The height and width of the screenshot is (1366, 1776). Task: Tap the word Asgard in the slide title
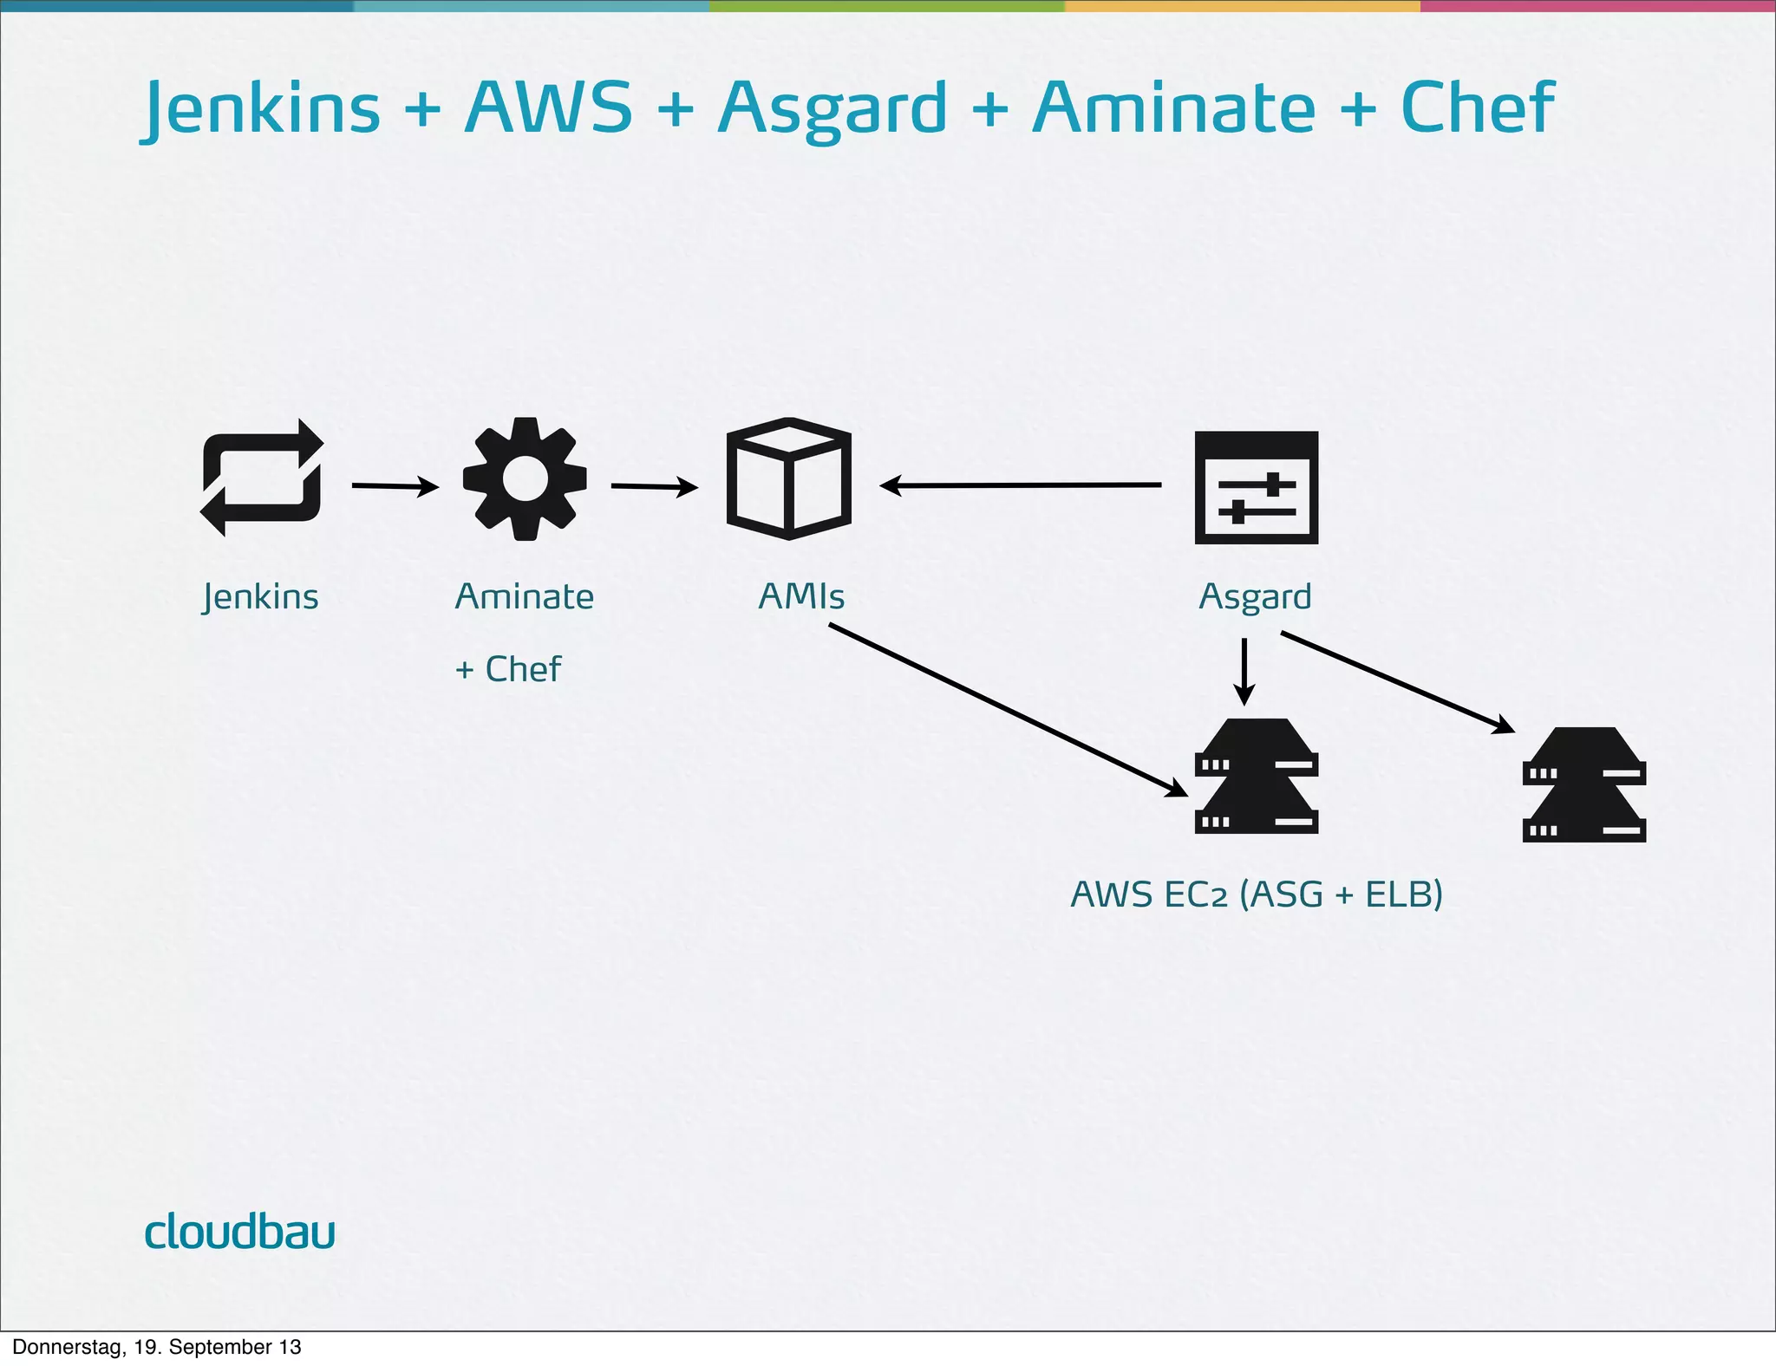pyautogui.click(x=832, y=109)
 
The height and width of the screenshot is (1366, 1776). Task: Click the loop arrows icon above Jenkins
pyautogui.click(x=262, y=478)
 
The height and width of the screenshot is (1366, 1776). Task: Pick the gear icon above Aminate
pyautogui.click(x=525, y=478)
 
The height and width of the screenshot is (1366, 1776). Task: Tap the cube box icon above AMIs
pyautogui.click(x=788, y=478)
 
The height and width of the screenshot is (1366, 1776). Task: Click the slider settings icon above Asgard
pyautogui.click(x=1256, y=487)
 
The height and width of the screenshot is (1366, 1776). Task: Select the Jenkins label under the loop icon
pyautogui.click(x=261, y=597)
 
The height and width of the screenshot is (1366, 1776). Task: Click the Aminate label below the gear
pyautogui.click(x=525, y=596)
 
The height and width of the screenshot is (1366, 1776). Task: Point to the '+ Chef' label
pyautogui.click(x=508, y=669)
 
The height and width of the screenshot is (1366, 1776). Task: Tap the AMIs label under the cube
pyautogui.click(x=801, y=596)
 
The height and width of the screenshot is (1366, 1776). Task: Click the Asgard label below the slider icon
pyautogui.click(x=1255, y=597)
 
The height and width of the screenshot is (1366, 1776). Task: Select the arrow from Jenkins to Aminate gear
pyautogui.click(x=395, y=486)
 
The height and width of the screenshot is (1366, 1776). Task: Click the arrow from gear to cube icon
pyautogui.click(x=655, y=486)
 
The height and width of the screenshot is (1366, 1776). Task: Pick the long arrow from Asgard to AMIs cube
pyautogui.click(x=1021, y=485)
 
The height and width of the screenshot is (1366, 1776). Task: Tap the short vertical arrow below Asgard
pyautogui.click(x=1244, y=672)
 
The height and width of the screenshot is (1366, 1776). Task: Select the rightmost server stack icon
pyautogui.click(x=1583, y=784)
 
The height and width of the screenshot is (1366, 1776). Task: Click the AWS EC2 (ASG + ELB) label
pyautogui.click(x=1257, y=894)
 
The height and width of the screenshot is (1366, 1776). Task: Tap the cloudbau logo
pyautogui.click(x=239, y=1231)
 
